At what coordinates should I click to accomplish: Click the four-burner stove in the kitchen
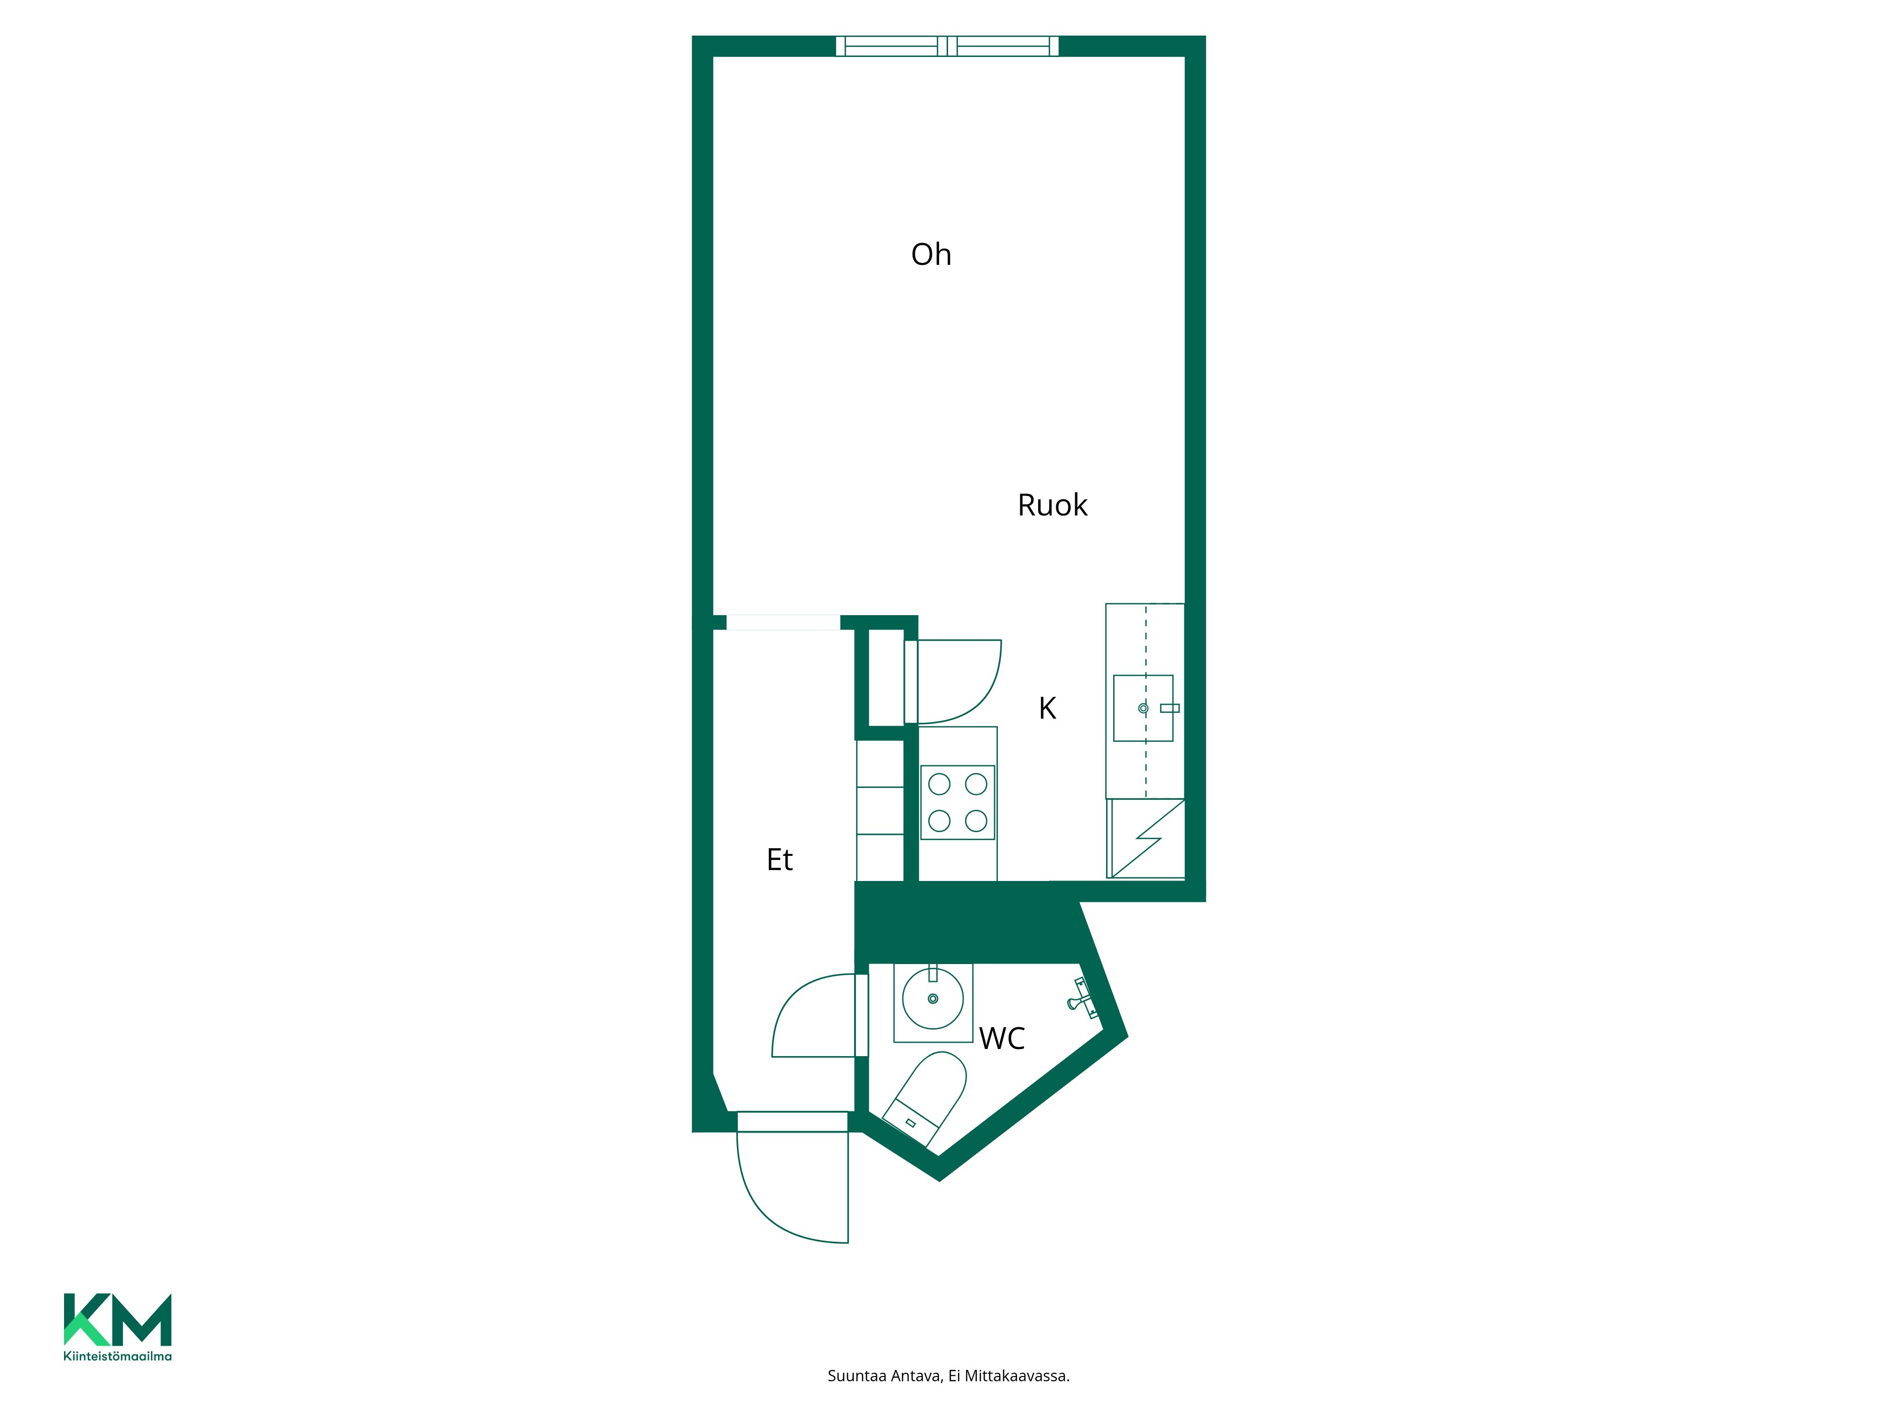click(958, 803)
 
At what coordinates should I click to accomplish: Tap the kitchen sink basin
click(1143, 708)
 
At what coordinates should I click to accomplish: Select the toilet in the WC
click(925, 1099)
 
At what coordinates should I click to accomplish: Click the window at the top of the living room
click(947, 47)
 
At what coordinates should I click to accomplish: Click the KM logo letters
click(118, 1320)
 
